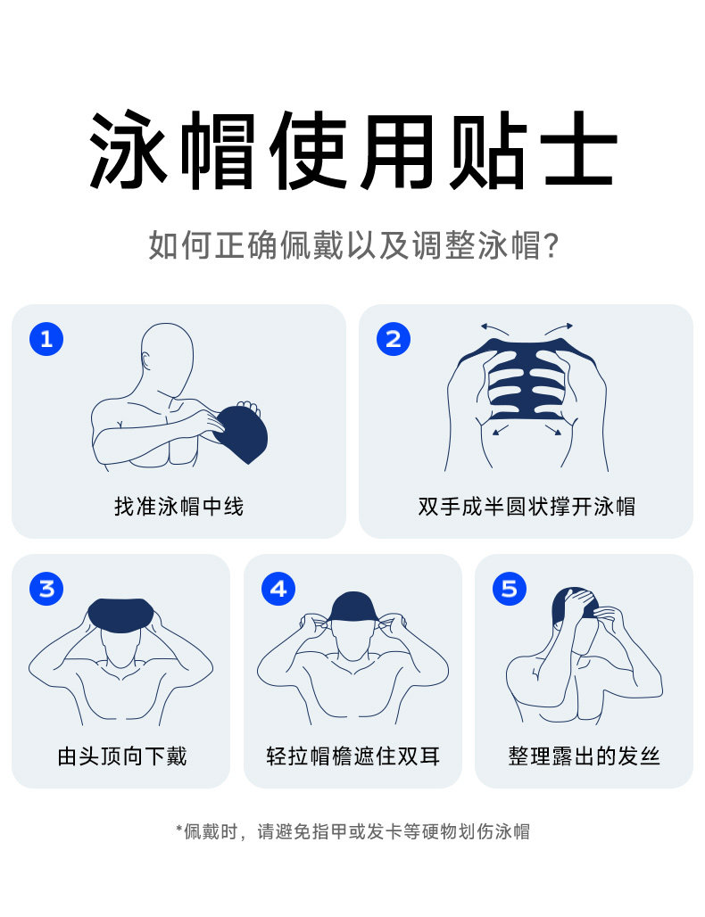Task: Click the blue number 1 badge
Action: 46,339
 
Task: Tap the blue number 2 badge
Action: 394,339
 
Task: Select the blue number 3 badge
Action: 46,589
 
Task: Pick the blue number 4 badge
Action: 278,589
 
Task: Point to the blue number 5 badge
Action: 509,589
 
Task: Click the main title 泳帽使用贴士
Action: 352,150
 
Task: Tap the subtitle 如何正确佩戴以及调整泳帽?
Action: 353,244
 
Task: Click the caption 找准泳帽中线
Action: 179,507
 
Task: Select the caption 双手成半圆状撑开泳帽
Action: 527,507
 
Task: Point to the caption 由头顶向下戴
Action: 122,756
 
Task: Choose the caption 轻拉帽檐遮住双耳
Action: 352,756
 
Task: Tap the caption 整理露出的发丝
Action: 584,756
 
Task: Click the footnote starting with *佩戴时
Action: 352,831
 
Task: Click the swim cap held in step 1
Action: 241,434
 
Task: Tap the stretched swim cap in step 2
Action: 527,380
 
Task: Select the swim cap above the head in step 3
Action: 121,615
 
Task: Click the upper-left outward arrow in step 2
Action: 495,328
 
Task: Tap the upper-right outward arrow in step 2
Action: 559,328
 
